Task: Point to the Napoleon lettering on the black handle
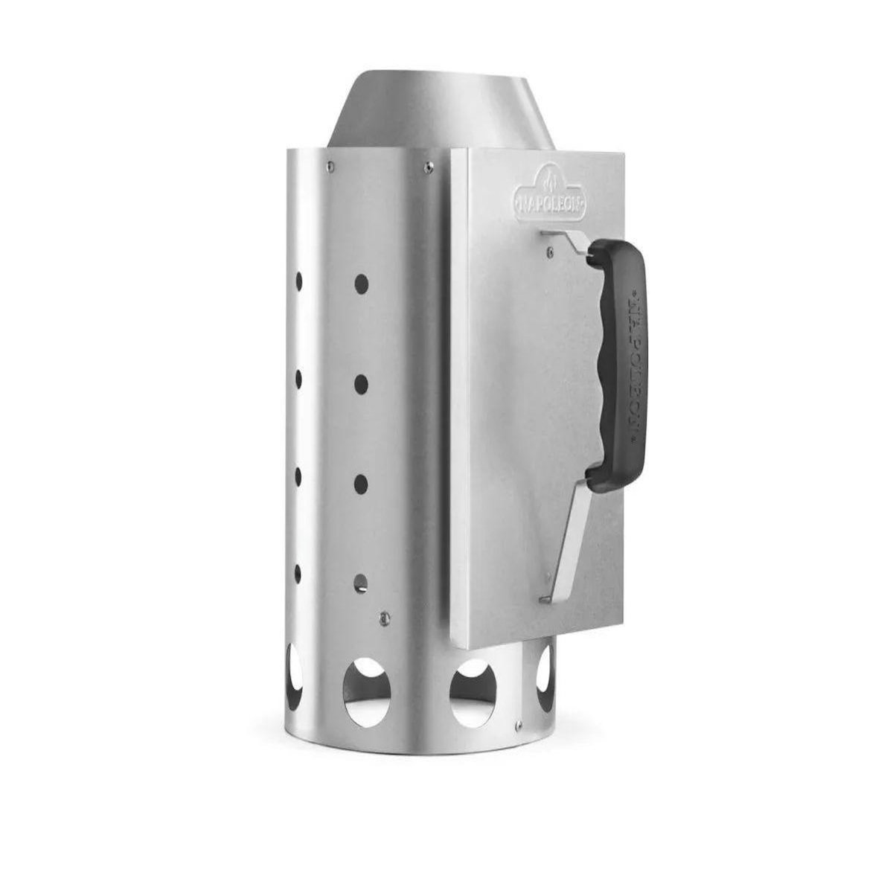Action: tap(632, 366)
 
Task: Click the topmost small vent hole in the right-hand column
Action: tap(361, 284)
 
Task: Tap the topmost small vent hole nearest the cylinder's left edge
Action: tap(299, 281)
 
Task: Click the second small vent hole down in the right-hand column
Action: tap(361, 384)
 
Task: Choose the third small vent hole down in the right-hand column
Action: tap(360, 484)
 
